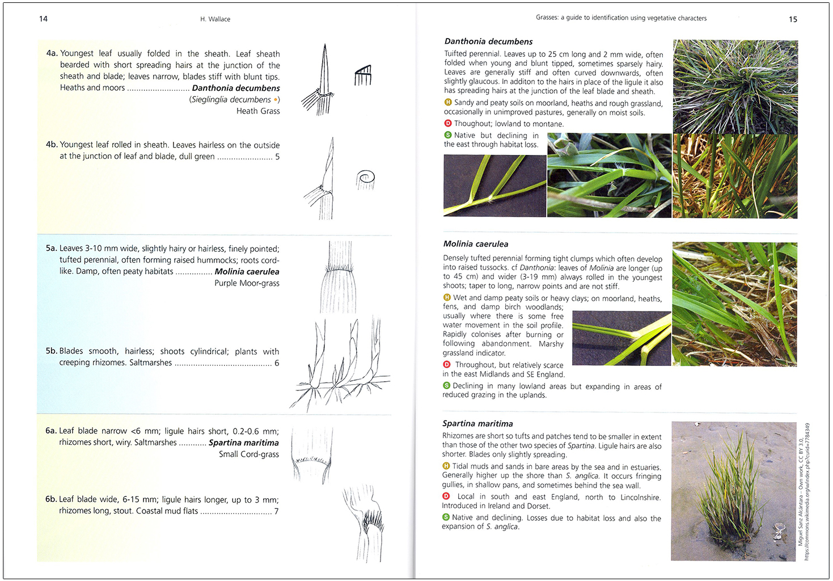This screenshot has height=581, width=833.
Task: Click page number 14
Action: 43,19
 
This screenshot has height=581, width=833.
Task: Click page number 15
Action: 793,19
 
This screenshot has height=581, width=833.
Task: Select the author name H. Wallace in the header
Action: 215,19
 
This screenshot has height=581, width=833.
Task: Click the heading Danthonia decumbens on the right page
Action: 488,41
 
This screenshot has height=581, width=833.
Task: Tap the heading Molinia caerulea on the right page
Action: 475,244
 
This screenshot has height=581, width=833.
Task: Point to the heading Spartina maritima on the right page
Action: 477,424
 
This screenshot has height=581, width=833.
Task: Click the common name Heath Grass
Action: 258,111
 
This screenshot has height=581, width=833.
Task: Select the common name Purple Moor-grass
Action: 247,283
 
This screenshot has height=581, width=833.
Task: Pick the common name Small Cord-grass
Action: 248,454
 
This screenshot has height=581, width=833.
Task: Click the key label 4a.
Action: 52,53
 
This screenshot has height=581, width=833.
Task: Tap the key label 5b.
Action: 51,351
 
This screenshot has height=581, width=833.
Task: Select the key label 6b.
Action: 51,499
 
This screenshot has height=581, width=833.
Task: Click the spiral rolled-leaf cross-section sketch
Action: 366,179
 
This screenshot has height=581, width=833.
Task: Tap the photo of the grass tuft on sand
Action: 733,491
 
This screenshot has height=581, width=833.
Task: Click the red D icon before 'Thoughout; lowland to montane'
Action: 447,124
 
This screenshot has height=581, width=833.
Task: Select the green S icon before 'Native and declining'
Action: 446,517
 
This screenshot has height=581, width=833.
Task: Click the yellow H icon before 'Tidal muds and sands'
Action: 446,466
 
